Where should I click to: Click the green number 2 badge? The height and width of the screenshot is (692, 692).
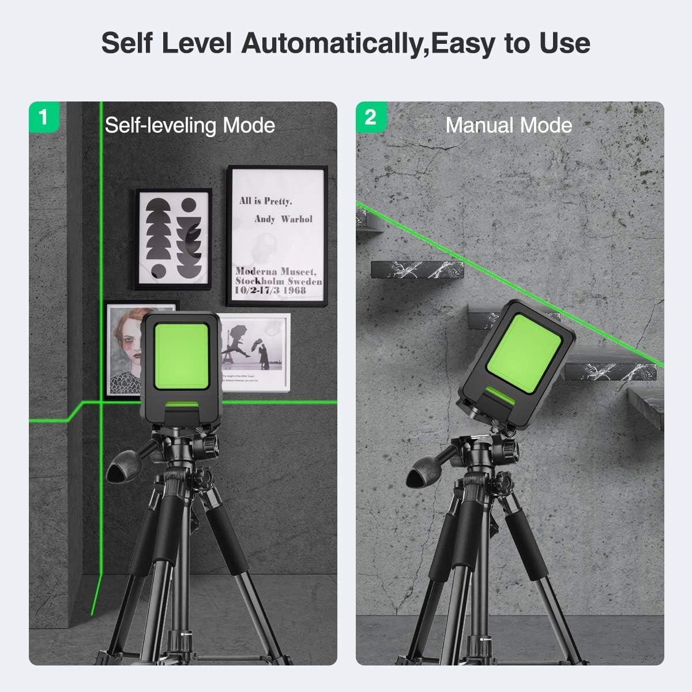(x=370, y=116)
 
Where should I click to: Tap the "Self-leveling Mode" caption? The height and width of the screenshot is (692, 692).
(x=190, y=125)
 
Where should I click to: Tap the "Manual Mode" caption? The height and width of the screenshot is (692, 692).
(x=509, y=125)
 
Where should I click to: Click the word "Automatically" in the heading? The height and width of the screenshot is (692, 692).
(x=331, y=43)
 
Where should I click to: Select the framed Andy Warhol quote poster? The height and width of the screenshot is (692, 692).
(x=277, y=237)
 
